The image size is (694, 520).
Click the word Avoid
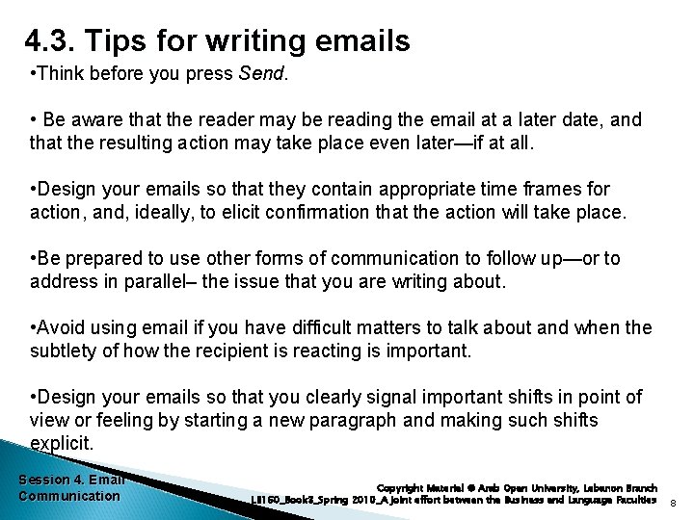coord(62,328)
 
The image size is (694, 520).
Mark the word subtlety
coord(62,351)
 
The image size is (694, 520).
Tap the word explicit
coord(62,443)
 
